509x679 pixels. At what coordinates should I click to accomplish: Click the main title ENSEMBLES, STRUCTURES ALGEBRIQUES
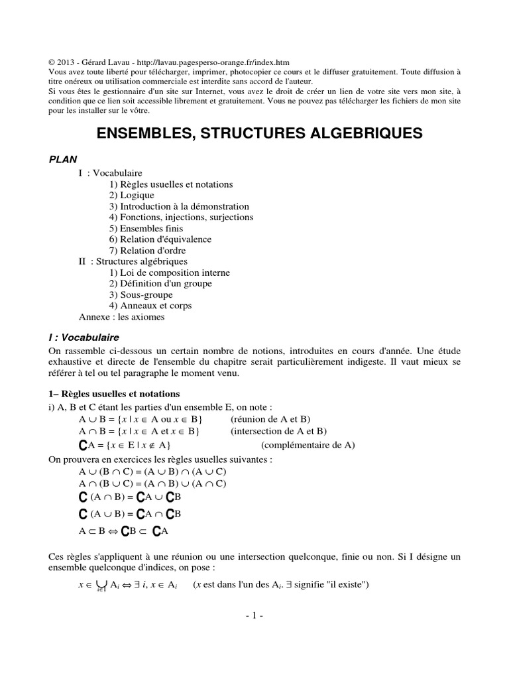click(x=260, y=133)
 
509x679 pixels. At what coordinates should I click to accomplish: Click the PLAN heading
click(x=64, y=159)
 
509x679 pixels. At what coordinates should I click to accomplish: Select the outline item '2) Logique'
click(x=132, y=195)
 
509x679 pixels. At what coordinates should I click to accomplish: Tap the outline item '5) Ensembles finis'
click(x=146, y=228)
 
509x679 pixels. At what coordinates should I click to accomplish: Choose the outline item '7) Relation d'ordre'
click(x=148, y=251)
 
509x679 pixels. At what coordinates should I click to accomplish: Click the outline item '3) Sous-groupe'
click(x=141, y=294)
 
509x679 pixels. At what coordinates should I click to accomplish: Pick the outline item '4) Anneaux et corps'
click(x=150, y=306)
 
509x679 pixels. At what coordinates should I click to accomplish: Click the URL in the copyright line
click(x=208, y=62)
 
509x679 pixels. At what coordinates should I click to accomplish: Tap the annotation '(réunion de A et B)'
click(x=270, y=419)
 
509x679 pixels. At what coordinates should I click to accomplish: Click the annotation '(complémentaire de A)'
click(x=308, y=445)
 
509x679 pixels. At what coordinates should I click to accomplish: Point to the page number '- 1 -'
click(x=254, y=615)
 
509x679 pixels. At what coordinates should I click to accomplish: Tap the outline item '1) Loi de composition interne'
click(x=170, y=273)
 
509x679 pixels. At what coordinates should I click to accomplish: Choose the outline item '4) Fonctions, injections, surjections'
click(x=182, y=217)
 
